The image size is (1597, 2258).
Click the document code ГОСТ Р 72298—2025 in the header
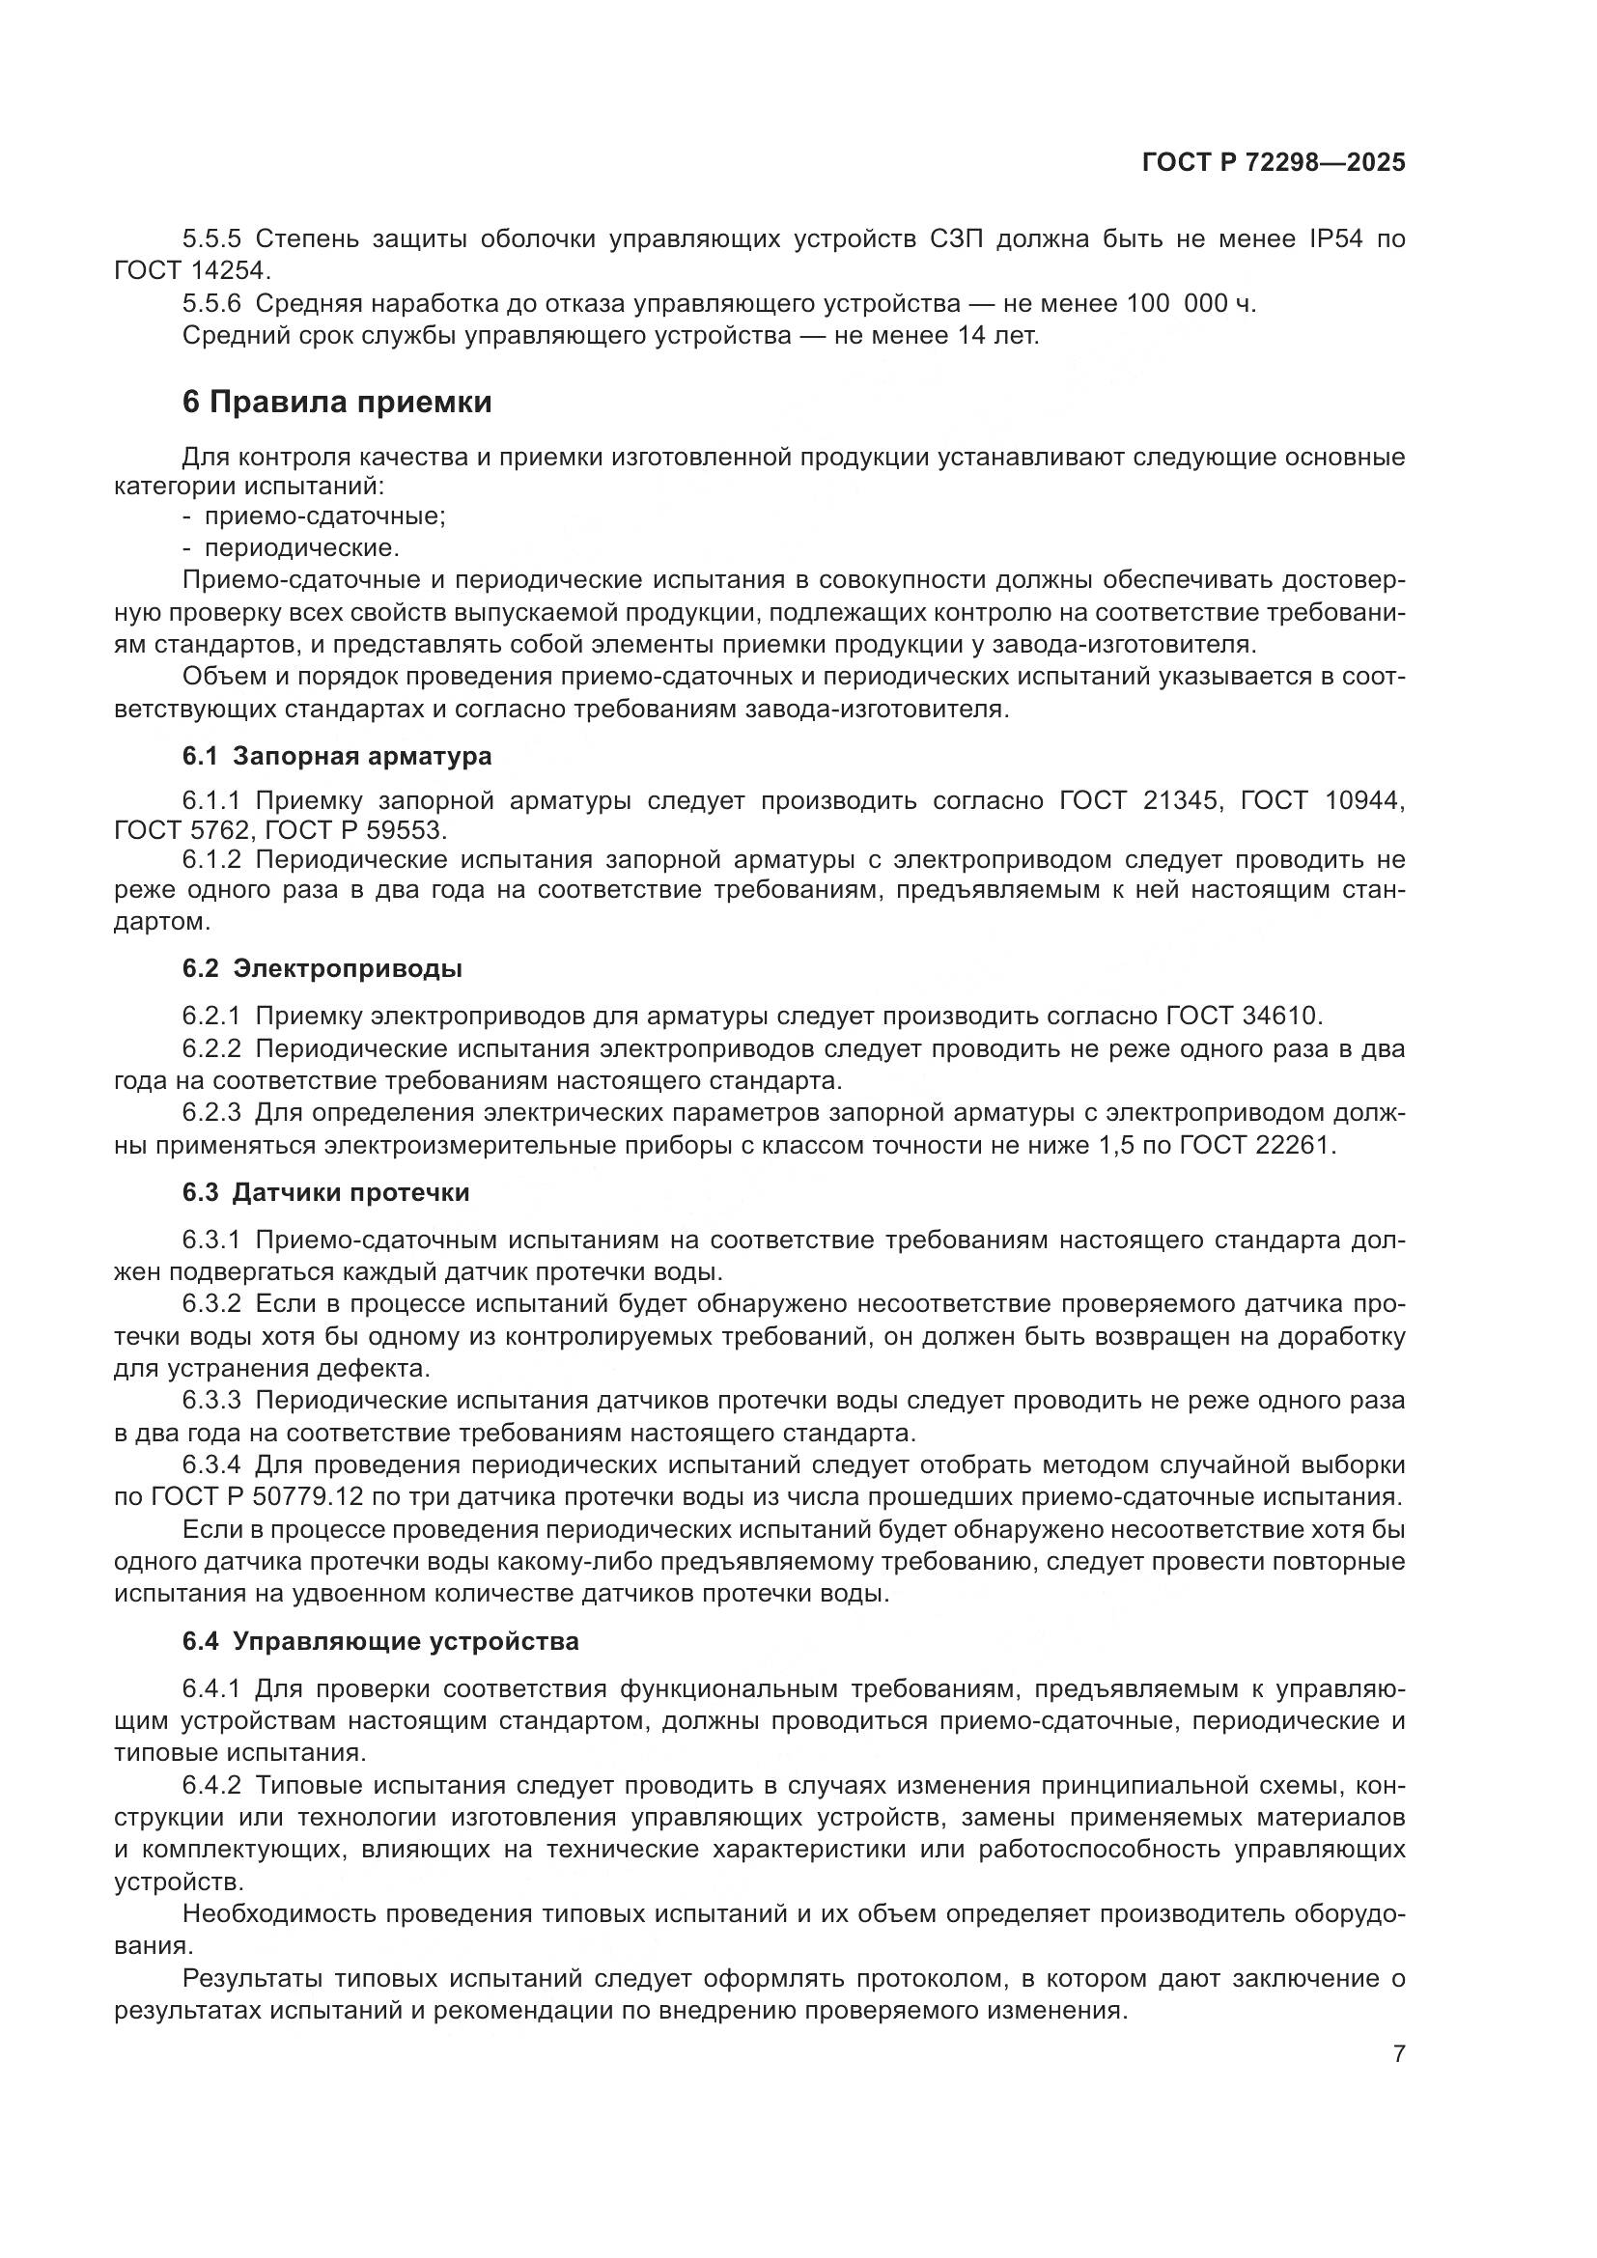(x=1274, y=163)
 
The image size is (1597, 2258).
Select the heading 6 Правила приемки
(x=336, y=403)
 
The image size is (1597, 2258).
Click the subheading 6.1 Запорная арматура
(x=336, y=756)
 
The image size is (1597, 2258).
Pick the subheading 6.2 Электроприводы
(x=322, y=968)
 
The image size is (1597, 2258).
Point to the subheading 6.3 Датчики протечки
(x=325, y=1193)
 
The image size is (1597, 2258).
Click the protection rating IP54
(x=1335, y=239)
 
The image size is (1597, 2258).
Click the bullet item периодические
(x=301, y=547)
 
